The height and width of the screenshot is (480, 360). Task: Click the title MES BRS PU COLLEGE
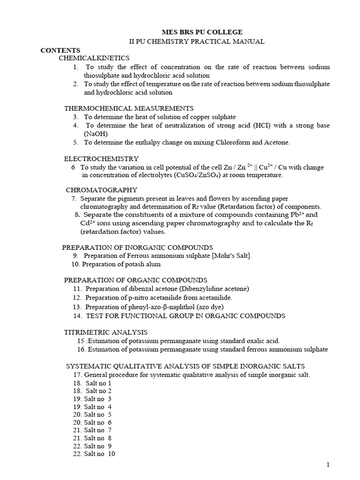coord(209,32)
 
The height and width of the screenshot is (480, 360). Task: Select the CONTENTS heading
coord(60,50)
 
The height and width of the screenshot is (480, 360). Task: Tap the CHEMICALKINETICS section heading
coord(94,58)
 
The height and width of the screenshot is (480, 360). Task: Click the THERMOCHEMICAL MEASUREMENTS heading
coord(129,108)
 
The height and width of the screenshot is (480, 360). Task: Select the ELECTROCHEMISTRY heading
coord(101,158)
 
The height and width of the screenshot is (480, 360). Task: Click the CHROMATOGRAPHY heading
coord(102,190)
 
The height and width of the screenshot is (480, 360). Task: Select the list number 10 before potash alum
coord(75,264)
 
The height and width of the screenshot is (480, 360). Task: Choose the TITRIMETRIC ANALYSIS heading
coord(106,332)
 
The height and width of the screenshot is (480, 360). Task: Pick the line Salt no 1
coord(98,383)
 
